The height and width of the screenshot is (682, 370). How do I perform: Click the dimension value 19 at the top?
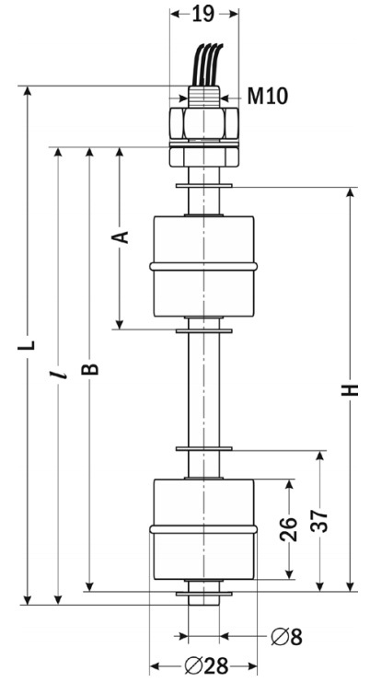[203, 15]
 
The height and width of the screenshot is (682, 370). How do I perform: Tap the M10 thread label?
[268, 96]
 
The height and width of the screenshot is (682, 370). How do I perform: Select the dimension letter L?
[27, 345]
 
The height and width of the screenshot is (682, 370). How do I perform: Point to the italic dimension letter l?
[58, 374]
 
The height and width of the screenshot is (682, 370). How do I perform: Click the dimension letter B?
[90, 368]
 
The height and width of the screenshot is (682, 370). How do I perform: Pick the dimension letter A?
[121, 237]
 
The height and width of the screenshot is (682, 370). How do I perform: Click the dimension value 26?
[288, 529]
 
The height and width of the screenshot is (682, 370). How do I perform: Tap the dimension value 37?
[319, 520]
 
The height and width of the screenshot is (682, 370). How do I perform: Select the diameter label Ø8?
[286, 637]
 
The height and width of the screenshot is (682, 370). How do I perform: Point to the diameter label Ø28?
[206, 665]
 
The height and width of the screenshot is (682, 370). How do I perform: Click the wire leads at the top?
[208, 64]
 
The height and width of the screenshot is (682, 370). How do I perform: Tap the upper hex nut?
[203, 123]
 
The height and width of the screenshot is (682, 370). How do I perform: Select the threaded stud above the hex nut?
[204, 97]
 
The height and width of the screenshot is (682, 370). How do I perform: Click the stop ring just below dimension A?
[204, 331]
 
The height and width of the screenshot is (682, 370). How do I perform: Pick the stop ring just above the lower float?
[204, 448]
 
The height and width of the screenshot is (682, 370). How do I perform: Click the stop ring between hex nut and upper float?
[204, 186]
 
